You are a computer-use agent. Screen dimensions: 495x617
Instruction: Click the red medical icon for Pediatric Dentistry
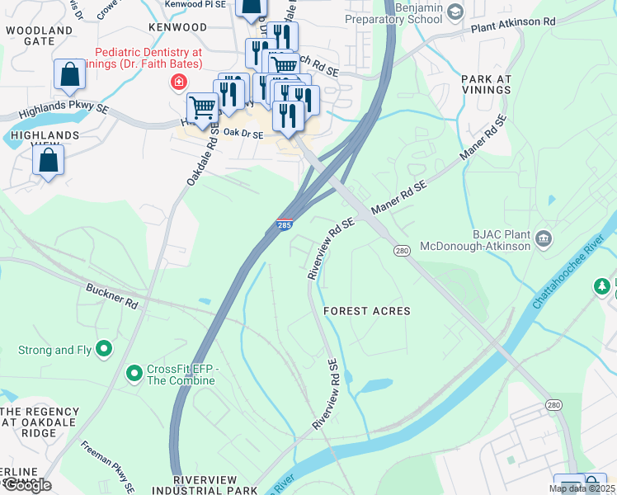177,82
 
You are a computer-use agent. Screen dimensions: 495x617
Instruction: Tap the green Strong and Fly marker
104,350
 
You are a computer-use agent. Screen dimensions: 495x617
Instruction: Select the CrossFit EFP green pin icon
134,375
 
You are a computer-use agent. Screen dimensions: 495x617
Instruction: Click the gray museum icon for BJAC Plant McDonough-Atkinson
543,239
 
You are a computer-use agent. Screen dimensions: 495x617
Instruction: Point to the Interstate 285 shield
283,224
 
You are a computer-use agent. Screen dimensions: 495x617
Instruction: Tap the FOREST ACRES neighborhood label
366,311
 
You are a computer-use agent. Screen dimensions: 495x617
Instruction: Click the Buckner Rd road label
112,297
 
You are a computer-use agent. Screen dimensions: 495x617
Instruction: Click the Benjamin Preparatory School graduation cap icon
455,11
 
